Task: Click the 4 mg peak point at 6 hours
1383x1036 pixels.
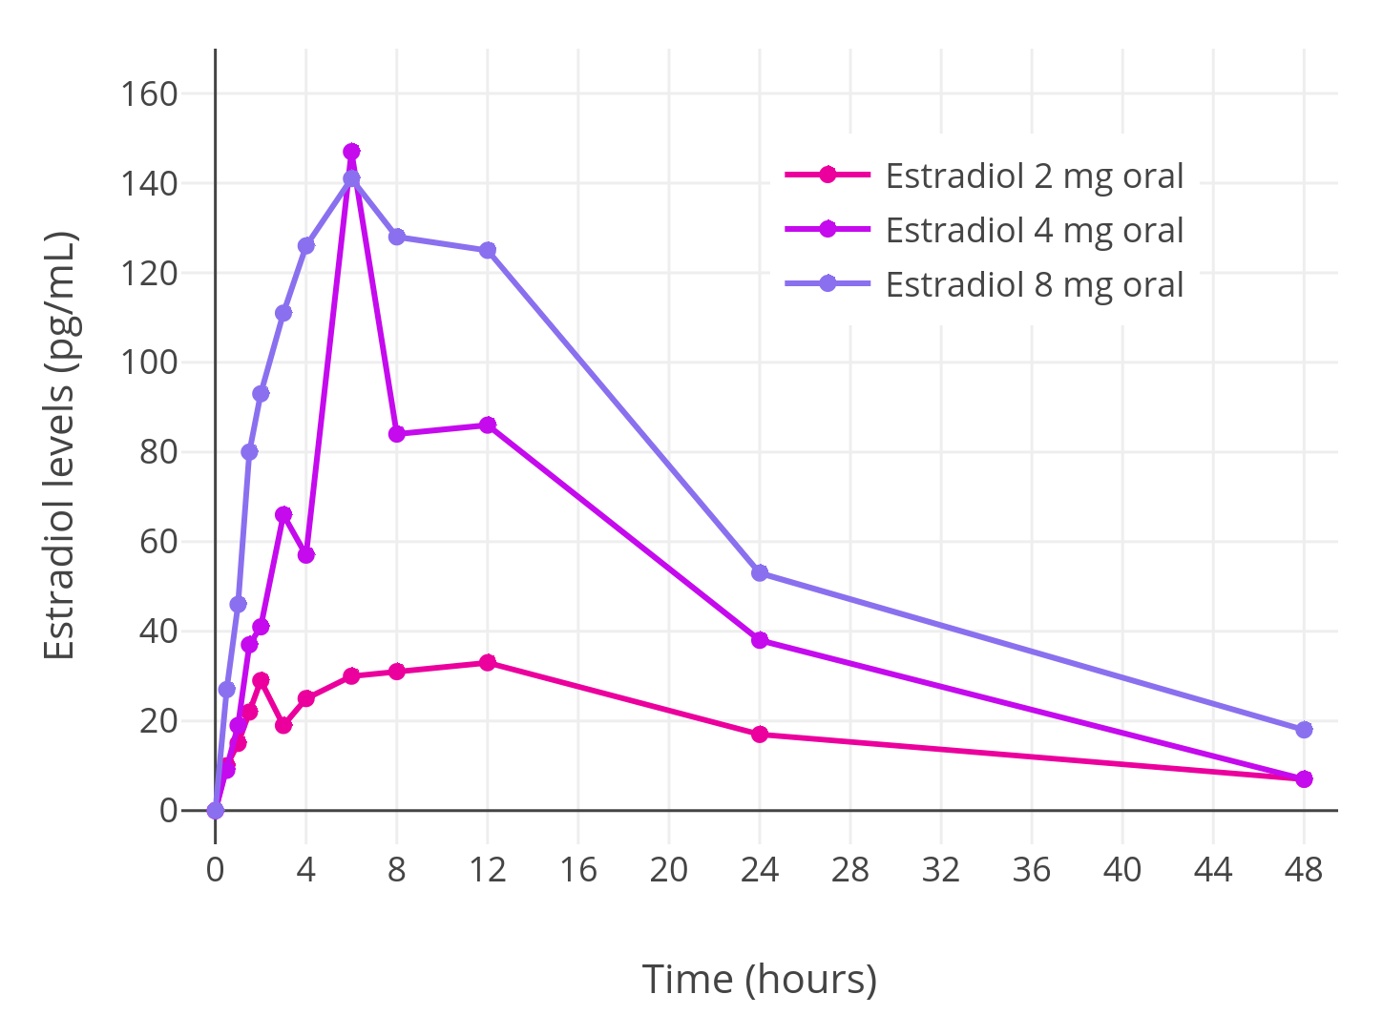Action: (351, 152)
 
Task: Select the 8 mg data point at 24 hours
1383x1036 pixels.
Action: (760, 572)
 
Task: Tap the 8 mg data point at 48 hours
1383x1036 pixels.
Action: (1304, 730)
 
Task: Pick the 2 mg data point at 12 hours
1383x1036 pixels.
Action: (488, 662)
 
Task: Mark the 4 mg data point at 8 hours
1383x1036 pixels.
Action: (397, 434)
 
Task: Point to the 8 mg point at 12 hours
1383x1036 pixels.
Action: (488, 250)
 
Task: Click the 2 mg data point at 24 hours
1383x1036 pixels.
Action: (760, 734)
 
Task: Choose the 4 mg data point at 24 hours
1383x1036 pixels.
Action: (760, 640)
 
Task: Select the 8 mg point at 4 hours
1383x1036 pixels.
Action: (306, 245)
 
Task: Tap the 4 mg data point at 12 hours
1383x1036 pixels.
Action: (488, 425)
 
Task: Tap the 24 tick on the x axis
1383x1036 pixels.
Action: (760, 869)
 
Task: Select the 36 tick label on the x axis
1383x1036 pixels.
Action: (1032, 869)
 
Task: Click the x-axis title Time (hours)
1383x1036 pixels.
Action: (759, 979)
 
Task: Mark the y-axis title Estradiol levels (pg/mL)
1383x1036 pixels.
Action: (59, 445)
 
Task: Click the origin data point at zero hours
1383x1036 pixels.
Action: (216, 810)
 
